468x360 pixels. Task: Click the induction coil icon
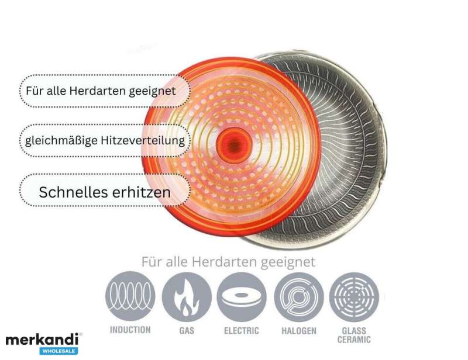click(x=130, y=296)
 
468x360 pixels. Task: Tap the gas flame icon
click(x=187, y=297)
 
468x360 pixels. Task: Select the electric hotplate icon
click(x=242, y=297)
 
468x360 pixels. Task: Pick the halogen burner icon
click(x=299, y=297)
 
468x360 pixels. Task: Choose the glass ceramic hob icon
click(x=354, y=297)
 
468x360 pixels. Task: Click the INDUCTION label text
click(x=130, y=330)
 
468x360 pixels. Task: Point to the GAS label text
click(x=187, y=331)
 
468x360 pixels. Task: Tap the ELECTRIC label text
click(x=242, y=331)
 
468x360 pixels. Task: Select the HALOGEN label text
click(x=299, y=331)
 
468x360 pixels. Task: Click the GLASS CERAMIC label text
click(x=354, y=335)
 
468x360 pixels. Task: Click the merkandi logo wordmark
click(x=42, y=340)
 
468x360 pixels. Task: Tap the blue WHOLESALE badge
click(x=59, y=351)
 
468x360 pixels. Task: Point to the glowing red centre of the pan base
click(x=234, y=146)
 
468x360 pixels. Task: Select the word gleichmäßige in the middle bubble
click(x=62, y=141)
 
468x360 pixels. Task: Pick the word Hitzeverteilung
click(x=143, y=141)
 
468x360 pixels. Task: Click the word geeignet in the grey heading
click(x=288, y=262)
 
